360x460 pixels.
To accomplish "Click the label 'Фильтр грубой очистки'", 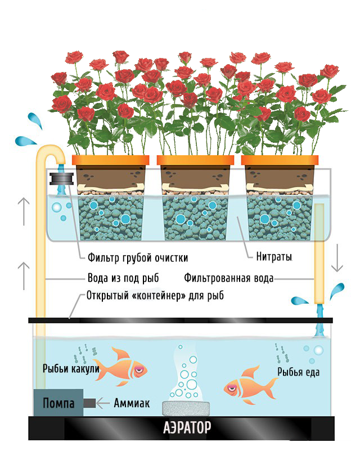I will (137, 258).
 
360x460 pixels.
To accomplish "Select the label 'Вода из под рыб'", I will (123, 278).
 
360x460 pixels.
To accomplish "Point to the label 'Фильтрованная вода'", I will (229, 278).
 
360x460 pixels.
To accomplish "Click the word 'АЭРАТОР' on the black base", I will (187, 428).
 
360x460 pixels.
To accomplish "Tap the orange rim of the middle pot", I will (195, 160).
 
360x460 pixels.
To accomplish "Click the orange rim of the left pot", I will (110, 160).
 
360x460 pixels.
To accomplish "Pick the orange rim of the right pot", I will (280, 160).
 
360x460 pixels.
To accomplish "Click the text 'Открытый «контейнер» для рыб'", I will (155, 296).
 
